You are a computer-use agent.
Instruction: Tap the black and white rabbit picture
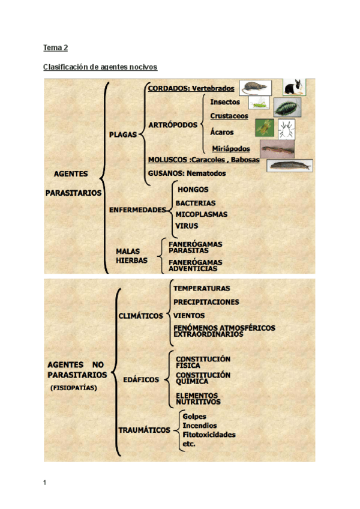click(x=294, y=88)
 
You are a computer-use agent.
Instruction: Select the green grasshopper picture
click(x=259, y=104)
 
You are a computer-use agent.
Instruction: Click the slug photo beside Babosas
click(x=290, y=164)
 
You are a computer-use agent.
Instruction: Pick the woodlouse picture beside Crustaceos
click(x=287, y=107)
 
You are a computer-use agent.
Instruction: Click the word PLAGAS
click(x=123, y=134)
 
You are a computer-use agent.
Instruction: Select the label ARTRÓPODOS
click(x=172, y=125)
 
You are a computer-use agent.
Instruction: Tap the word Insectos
click(x=225, y=102)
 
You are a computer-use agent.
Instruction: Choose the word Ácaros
click(x=222, y=132)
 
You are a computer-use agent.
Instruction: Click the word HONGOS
click(x=193, y=189)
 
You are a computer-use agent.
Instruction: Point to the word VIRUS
click(x=187, y=226)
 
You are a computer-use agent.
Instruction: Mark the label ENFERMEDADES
click(x=137, y=210)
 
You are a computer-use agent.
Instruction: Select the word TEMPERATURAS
click(x=202, y=289)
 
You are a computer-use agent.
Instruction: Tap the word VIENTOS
click(x=189, y=316)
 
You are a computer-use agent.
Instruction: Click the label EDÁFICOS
click(x=141, y=379)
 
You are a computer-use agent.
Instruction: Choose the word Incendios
click(x=200, y=426)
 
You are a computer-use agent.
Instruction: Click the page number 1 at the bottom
click(x=45, y=482)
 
